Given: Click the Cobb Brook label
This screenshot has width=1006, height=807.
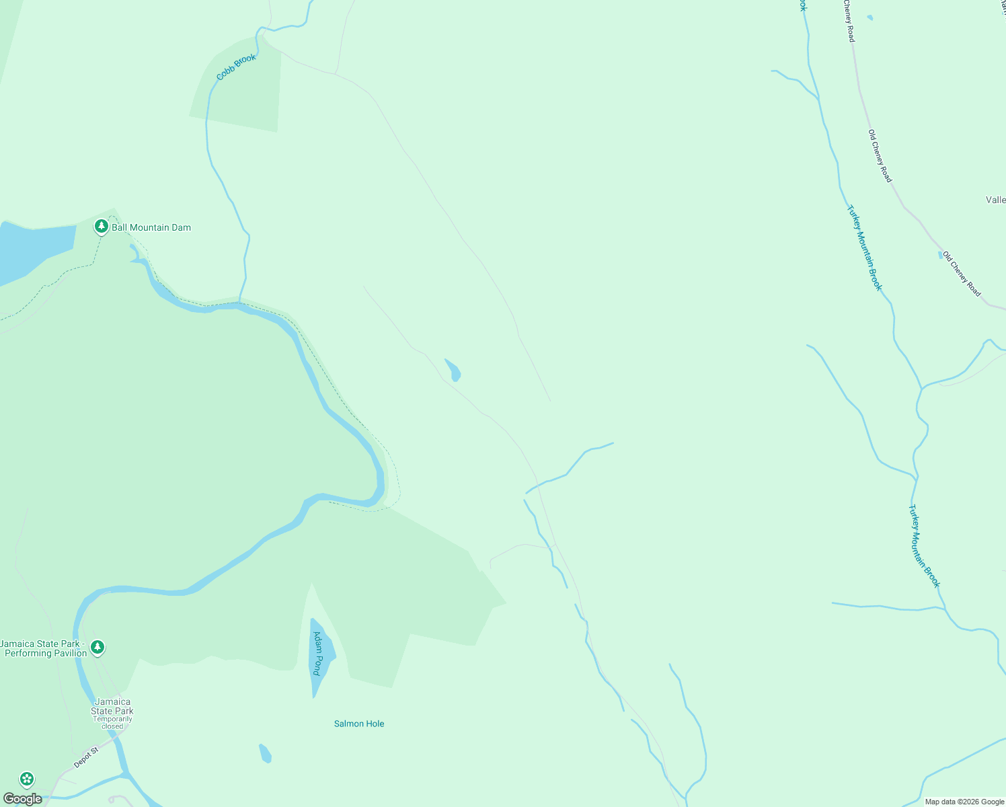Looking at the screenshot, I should (236, 67).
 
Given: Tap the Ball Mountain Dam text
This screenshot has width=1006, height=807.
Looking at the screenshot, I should (151, 227).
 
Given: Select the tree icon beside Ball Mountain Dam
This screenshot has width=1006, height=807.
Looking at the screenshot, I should (102, 227).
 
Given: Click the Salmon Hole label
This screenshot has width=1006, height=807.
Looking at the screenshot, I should (359, 724).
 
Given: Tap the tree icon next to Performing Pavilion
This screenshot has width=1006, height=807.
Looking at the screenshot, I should (98, 647).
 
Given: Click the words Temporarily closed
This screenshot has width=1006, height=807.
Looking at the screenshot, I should (112, 722).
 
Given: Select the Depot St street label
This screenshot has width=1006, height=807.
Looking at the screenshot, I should (86, 757).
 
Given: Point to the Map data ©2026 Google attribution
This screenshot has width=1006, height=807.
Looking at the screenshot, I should (964, 802).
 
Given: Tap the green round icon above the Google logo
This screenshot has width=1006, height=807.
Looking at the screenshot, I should (27, 779).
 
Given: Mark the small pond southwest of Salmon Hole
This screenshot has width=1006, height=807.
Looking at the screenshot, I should (266, 753).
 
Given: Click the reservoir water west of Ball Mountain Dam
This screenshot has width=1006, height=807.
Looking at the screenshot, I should (34, 249).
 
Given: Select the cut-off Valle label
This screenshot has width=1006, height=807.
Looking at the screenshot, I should (995, 200).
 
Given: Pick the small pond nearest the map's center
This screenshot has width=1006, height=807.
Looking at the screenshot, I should (453, 370).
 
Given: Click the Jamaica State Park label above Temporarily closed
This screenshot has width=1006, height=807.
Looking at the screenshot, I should (112, 706).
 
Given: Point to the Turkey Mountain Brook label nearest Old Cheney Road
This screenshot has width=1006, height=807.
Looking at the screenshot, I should (864, 247).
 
